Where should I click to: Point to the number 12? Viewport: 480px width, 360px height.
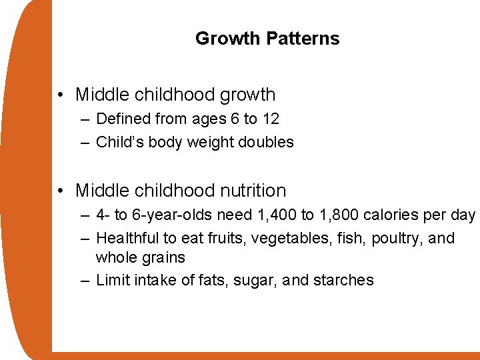[x=270, y=119]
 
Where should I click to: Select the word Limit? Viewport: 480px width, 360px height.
[x=113, y=280]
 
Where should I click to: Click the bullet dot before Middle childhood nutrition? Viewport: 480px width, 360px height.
[x=61, y=191]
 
